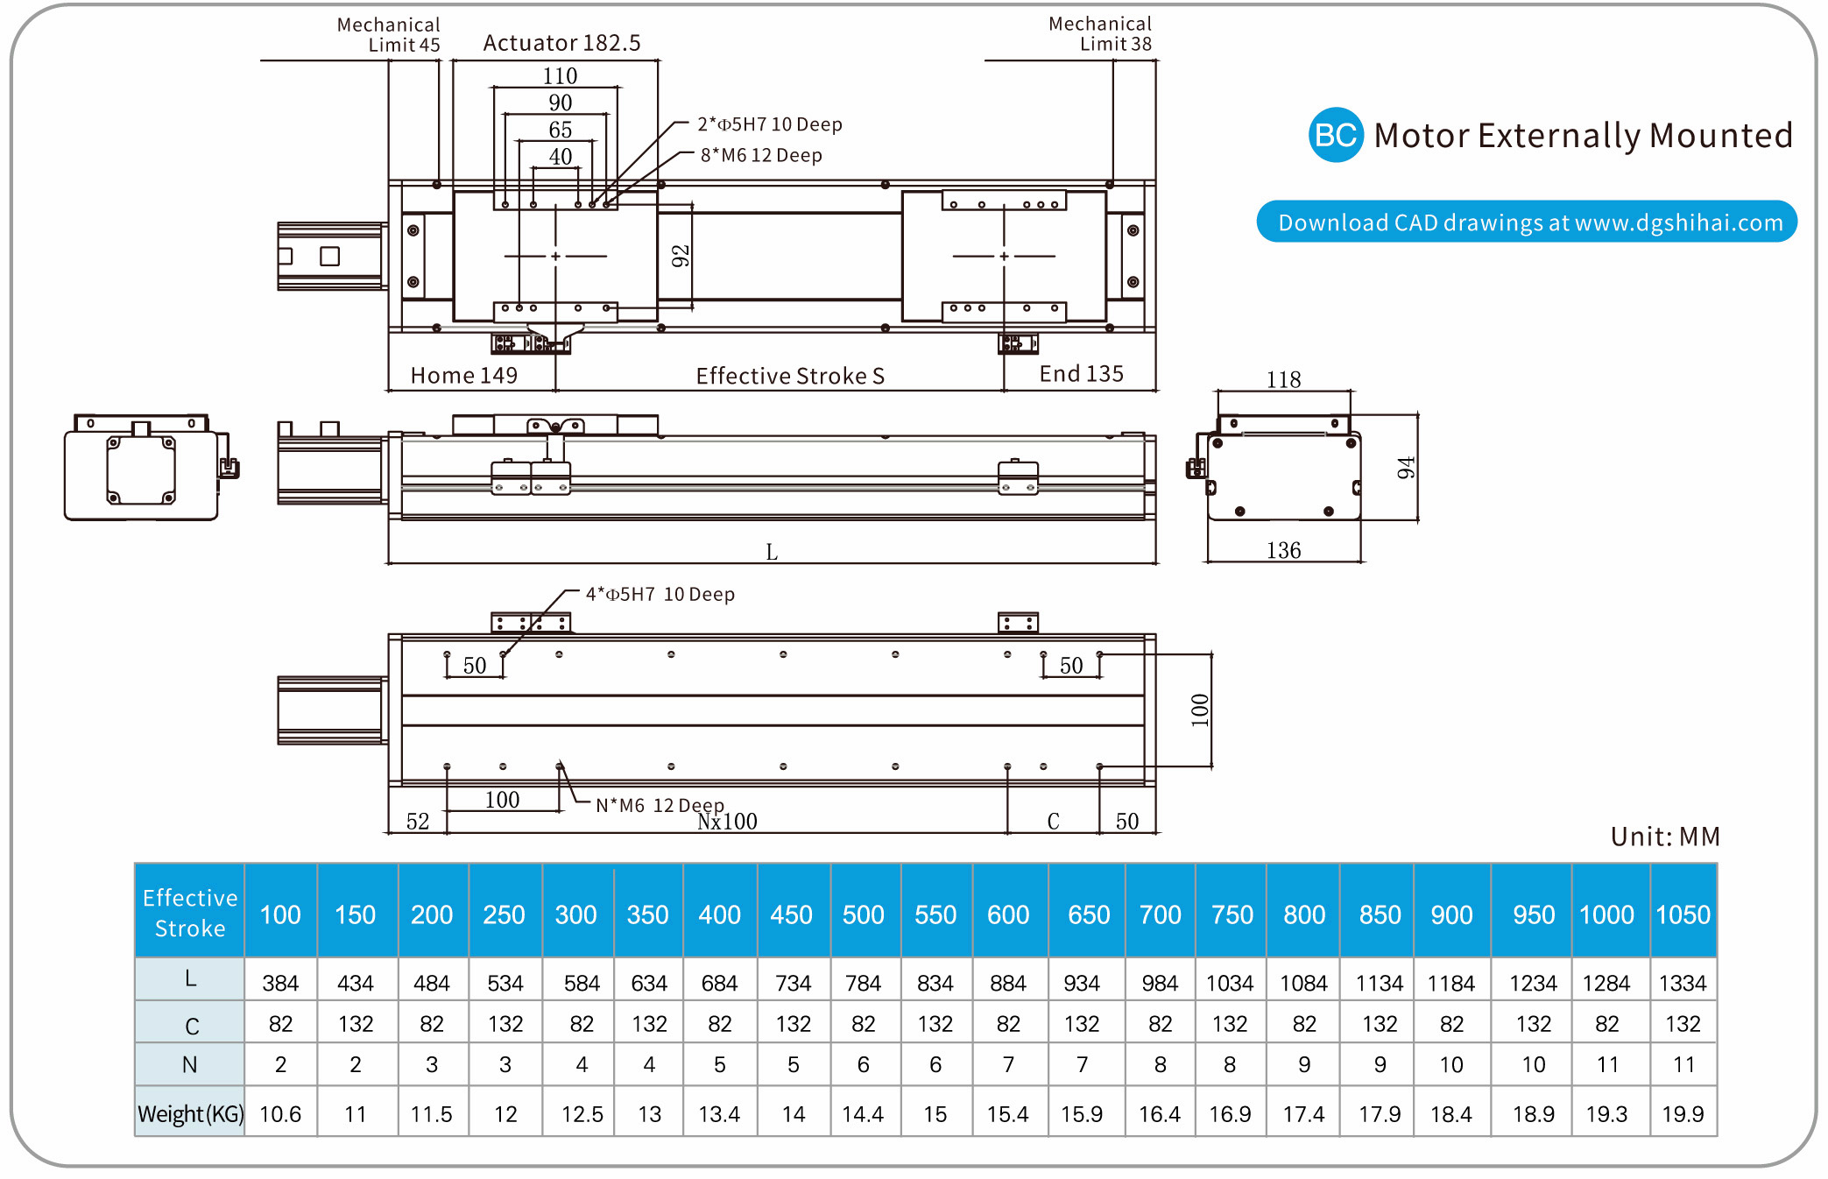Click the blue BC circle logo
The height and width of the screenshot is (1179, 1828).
[x=1335, y=135]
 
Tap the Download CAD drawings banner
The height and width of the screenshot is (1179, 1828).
[x=1527, y=222]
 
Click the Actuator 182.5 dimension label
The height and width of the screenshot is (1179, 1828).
[x=561, y=43]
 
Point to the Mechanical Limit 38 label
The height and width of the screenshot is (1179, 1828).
[x=1100, y=33]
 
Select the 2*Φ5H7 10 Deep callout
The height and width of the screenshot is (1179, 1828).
[x=769, y=124]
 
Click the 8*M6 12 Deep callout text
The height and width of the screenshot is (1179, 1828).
[x=761, y=155]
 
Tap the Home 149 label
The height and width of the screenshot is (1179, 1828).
[x=464, y=375]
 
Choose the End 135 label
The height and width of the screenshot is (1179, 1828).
[x=1081, y=374]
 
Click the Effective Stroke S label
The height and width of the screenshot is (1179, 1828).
[x=790, y=376]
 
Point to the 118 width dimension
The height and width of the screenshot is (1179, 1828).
[x=1283, y=379]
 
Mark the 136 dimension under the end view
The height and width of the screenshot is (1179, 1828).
[x=1283, y=550]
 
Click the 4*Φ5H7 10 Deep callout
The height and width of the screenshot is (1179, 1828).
[x=660, y=594]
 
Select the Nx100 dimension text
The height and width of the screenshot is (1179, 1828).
[x=727, y=822]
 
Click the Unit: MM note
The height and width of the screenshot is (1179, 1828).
[x=1665, y=837]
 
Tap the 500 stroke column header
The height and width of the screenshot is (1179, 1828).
[x=864, y=914]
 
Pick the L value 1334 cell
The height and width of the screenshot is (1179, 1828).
[x=1683, y=983]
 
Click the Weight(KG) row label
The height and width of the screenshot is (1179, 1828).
[x=190, y=1113]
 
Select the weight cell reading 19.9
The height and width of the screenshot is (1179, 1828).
[x=1683, y=1114]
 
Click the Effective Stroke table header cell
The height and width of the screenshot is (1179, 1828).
[x=190, y=913]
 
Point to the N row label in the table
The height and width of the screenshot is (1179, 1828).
[x=190, y=1065]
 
